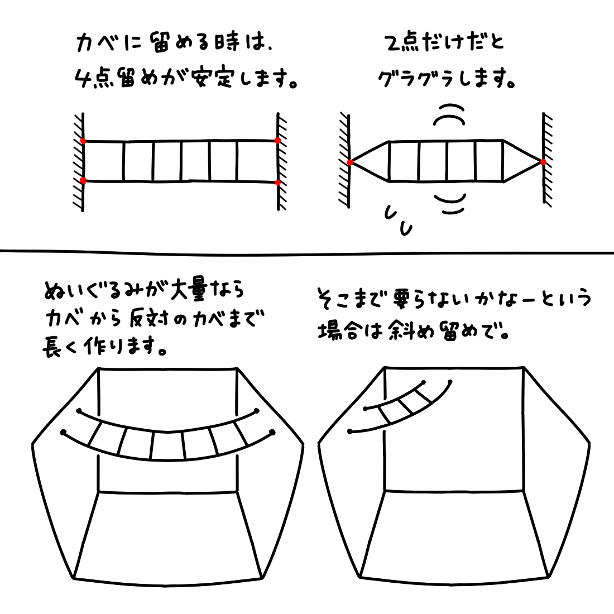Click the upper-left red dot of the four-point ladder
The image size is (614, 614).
click(83, 141)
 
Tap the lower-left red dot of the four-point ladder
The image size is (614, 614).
click(83, 180)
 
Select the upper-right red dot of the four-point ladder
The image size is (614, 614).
click(277, 140)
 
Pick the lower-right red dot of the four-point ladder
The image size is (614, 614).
click(277, 183)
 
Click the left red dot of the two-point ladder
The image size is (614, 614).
click(350, 162)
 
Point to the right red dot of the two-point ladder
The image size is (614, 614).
click(543, 162)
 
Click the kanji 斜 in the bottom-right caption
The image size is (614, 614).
click(399, 331)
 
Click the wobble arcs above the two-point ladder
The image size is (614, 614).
click(449, 114)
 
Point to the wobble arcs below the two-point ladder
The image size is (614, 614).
click(450, 204)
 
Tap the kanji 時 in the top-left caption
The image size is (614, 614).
click(227, 42)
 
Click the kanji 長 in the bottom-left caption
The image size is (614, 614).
click(52, 347)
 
